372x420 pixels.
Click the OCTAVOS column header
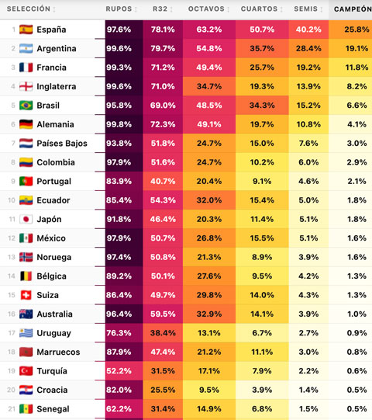pyautogui.click(x=206, y=9)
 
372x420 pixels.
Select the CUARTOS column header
pyautogui.click(x=259, y=9)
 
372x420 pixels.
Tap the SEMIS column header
pyautogui.click(x=305, y=9)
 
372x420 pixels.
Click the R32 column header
pyautogui.click(x=160, y=9)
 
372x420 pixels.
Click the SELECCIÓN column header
pyautogui.click(x=29, y=9)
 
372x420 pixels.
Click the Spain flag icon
pyautogui.click(x=26, y=30)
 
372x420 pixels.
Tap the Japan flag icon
pyautogui.click(x=26, y=219)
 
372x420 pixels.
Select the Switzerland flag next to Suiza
pyautogui.click(x=26, y=295)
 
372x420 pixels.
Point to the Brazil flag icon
pyautogui.click(x=26, y=106)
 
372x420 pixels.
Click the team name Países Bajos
pyautogui.click(x=62, y=144)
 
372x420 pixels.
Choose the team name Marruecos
pyautogui.click(x=58, y=352)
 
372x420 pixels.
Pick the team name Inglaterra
pyautogui.click(x=57, y=86)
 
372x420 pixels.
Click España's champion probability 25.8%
pyautogui.click(x=356, y=30)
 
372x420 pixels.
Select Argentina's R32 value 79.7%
pyautogui.click(x=163, y=48)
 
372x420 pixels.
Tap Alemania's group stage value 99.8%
pyautogui.click(x=119, y=124)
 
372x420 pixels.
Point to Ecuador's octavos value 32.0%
pyautogui.click(x=209, y=200)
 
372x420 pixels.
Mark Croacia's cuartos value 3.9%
pyautogui.click(x=262, y=390)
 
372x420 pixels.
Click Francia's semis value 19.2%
pyautogui.click(x=308, y=68)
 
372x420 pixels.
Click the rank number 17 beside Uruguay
pyautogui.click(x=12, y=333)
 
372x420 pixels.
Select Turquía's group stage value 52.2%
pyautogui.click(x=119, y=371)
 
